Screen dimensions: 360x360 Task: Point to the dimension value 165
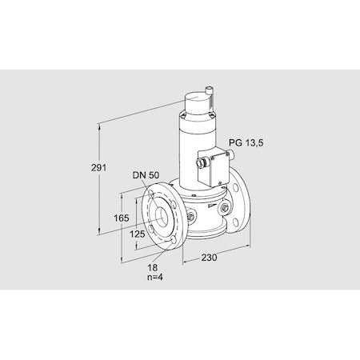122,218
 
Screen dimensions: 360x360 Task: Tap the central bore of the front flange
162,215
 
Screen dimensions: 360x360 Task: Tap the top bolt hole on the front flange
153,194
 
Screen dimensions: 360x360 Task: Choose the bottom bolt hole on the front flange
172,237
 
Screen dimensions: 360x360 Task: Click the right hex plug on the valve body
226,208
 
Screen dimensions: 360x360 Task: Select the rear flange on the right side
242,206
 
